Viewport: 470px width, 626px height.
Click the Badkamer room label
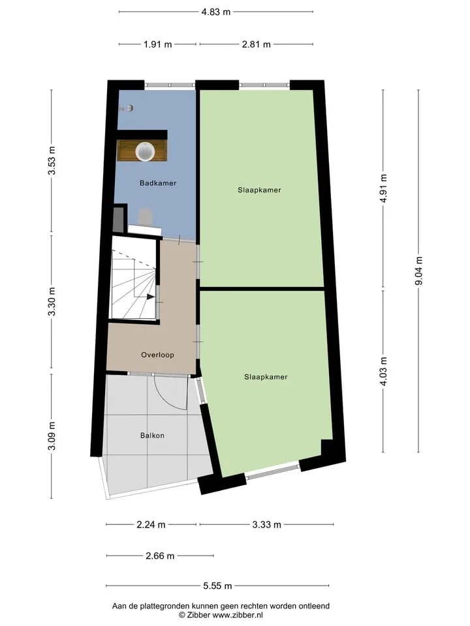(x=158, y=183)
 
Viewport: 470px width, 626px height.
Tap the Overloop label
(x=157, y=355)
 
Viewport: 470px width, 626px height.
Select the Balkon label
(x=152, y=436)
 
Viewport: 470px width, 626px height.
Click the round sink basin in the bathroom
(x=145, y=151)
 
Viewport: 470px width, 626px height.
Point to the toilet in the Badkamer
(x=145, y=216)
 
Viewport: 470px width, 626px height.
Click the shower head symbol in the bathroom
(x=127, y=108)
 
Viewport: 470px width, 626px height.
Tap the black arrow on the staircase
(x=151, y=297)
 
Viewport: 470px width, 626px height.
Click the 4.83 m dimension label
(x=216, y=12)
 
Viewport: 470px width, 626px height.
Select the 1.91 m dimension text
(x=158, y=44)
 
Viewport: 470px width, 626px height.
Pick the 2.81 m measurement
(x=256, y=44)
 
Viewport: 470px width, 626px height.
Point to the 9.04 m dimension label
(x=419, y=271)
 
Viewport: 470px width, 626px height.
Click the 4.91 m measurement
(x=383, y=188)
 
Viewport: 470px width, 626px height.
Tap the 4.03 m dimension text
(x=383, y=371)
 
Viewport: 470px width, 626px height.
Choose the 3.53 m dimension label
(x=52, y=160)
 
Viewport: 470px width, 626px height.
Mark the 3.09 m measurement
(x=52, y=436)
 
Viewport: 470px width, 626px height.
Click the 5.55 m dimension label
(x=217, y=586)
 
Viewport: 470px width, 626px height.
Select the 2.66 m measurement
(x=160, y=556)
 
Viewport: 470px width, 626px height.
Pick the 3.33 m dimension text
(x=266, y=524)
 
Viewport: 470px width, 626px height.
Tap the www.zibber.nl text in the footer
(x=238, y=615)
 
